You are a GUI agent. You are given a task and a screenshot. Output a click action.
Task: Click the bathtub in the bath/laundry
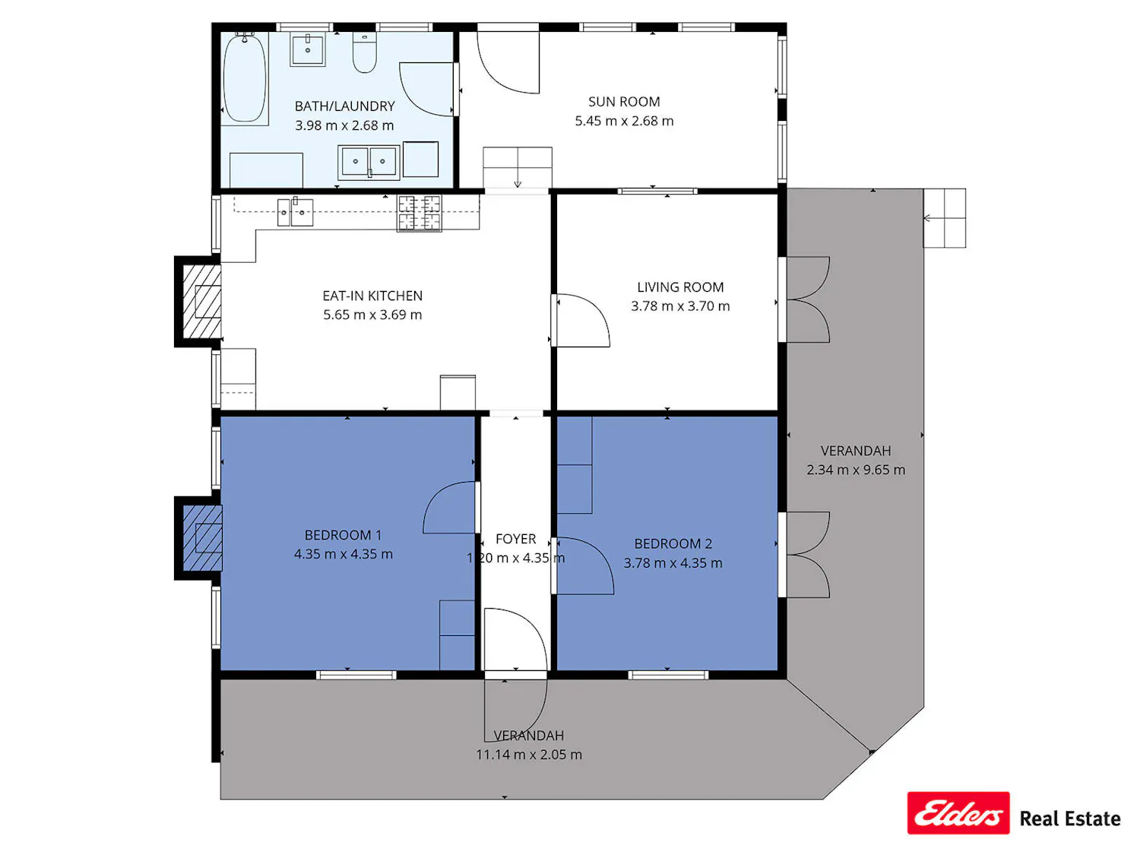point(244,78)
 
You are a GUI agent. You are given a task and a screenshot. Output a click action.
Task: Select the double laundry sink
point(369,162)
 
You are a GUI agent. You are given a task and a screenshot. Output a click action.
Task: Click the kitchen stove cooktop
point(419,213)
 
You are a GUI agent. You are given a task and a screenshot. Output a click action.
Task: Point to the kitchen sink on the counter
point(295,212)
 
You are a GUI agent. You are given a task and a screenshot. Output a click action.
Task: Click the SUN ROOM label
point(624,102)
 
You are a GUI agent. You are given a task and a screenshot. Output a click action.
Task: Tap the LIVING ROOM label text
point(680,287)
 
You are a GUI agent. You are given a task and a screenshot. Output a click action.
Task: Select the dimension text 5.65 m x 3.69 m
point(372,315)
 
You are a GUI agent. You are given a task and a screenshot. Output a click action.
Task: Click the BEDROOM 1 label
point(343,535)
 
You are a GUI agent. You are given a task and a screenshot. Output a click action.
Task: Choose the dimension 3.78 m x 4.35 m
point(673,562)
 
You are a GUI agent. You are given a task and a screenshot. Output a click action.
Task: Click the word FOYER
point(515,539)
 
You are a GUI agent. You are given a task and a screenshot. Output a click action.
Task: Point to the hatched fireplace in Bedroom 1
point(203,538)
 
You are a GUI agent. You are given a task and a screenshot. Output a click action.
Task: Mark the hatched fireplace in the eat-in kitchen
point(203,301)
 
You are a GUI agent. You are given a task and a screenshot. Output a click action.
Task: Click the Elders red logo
point(958,813)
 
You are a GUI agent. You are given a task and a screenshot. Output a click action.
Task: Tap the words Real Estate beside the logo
point(1070,819)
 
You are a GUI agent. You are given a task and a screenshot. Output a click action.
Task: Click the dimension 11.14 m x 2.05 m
point(529,754)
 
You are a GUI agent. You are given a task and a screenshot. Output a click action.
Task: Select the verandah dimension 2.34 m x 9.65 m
point(856,470)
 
